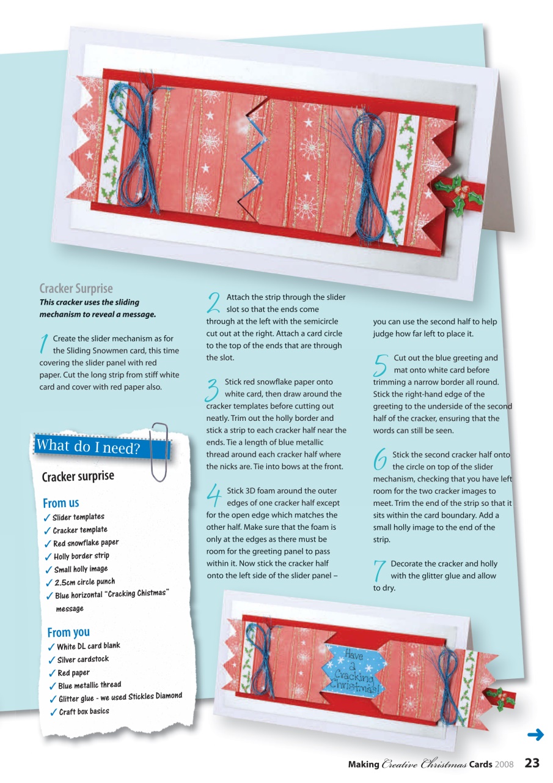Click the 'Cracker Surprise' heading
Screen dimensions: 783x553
(76, 289)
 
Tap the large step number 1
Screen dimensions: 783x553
(44, 344)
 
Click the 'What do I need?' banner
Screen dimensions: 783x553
(89, 447)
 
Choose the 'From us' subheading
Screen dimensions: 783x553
(60, 503)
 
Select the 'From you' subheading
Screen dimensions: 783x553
(68, 632)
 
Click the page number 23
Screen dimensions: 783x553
(532, 763)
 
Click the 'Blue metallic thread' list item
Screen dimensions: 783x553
(89, 686)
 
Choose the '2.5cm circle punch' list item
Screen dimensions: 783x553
(84, 582)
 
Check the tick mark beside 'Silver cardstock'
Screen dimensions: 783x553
(53, 661)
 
